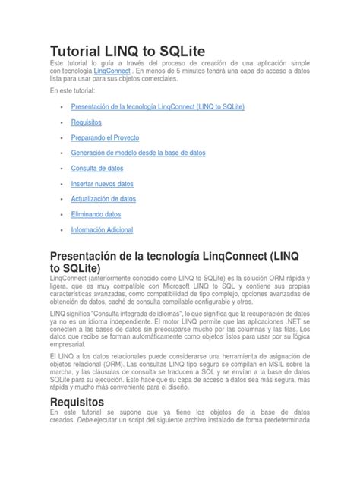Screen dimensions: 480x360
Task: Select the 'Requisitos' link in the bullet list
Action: [86, 122]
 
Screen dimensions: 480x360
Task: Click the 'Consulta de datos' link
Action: [96, 168]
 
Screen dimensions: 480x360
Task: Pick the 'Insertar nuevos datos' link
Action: [101, 184]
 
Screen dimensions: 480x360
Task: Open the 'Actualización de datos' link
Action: [103, 199]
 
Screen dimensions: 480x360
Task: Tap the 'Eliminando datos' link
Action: [96, 214]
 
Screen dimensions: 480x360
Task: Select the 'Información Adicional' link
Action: [102, 229]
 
